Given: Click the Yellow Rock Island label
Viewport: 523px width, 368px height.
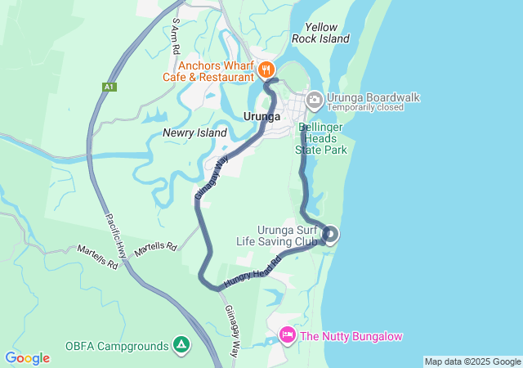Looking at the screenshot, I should tap(321, 33).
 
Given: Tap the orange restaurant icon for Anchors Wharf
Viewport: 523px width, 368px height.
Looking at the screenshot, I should tap(267, 70).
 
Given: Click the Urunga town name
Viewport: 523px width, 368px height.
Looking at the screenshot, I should tap(262, 117).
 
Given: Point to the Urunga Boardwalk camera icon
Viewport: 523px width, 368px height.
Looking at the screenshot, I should tap(315, 101).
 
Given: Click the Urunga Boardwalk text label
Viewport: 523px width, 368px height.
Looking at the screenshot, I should tap(373, 97).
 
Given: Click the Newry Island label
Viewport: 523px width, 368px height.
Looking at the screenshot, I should tap(194, 132).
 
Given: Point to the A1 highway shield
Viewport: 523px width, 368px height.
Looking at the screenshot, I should tap(110, 86).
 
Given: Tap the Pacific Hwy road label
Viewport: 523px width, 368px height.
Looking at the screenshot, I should tap(115, 237).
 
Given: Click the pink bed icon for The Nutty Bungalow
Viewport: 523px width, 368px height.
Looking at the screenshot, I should tap(287, 334).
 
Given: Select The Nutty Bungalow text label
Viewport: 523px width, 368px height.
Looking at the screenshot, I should tap(351, 336).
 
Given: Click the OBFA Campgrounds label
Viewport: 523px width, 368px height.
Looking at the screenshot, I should tap(116, 346).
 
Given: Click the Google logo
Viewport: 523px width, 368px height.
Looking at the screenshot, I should tap(27, 358).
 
